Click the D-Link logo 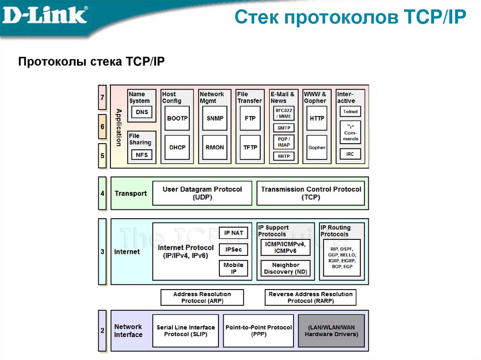pyautogui.click(x=45, y=15)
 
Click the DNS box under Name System pyautogui.click(x=141, y=112)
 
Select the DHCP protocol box pyautogui.click(x=177, y=147)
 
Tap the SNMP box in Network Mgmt pyautogui.click(x=215, y=119)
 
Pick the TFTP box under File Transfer pyautogui.click(x=250, y=147)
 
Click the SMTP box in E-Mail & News pyautogui.click(x=284, y=128)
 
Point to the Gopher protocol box pyautogui.click(x=317, y=147)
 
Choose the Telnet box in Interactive pyautogui.click(x=350, y=112)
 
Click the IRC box pyautogui.click(x=350, y=154)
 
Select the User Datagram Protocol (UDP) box pyautogui.click(x=202, y=193)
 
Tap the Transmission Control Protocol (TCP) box pyautogui.click(x=310, y=193)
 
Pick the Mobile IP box pyautogui.click(x=233, y=268)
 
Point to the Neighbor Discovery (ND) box pyautogui.click(x=285, y=268)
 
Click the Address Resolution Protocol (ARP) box pyautogui.click(x=202, y=298)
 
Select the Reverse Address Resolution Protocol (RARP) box pyautogui.click(x=310, y=298)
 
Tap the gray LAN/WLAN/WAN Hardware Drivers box pyautogui.click(x=331, y=331)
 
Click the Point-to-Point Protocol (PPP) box pyautogui.click(x=259, y=331)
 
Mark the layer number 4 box pyautogui.click(x=102, y=193)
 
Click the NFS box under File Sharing pyautogui.click(x=141, y=154)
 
